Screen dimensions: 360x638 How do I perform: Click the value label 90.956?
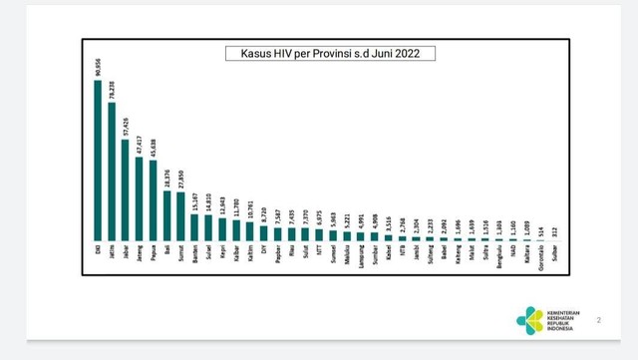[98, 67]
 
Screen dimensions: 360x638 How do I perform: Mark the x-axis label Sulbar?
[553, 254]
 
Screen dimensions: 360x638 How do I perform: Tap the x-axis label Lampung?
[360, 257]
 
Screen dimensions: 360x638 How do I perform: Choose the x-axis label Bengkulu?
[498, 258]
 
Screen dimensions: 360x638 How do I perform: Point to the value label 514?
[539, 230]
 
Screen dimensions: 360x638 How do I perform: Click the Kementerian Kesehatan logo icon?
[529, 320]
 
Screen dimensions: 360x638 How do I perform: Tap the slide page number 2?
[599, 320]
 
